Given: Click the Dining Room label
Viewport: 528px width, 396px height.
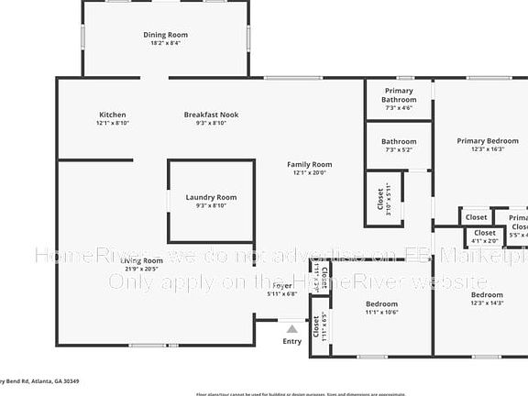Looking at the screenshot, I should click(165, 35).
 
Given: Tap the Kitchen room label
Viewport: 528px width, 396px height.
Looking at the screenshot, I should click(112, 115).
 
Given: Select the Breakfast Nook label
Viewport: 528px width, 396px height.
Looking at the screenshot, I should click(211, 115).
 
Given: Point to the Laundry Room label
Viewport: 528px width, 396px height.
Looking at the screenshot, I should click(211, 197).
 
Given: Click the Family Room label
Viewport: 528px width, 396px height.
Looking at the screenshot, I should click(309, 164).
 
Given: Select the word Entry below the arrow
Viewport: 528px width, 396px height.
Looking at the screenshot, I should click(291, 341).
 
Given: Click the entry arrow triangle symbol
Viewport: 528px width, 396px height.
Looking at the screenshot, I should click(291, 328).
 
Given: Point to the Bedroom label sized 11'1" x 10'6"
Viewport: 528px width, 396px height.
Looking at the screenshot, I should click(381, 303).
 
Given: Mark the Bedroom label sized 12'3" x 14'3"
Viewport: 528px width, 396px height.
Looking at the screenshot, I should click(487, 295).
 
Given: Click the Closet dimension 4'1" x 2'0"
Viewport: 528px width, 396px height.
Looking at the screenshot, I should click(483, 242).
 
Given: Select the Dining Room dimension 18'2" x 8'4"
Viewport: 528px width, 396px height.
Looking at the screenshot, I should click(165, 43).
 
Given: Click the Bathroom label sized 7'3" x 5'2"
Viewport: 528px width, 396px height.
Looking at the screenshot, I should click(399, 142).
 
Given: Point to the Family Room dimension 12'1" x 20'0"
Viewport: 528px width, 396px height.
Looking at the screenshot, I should click(309, 172).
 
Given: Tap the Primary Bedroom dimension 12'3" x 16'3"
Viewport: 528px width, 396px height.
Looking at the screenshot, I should click(488, 148).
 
